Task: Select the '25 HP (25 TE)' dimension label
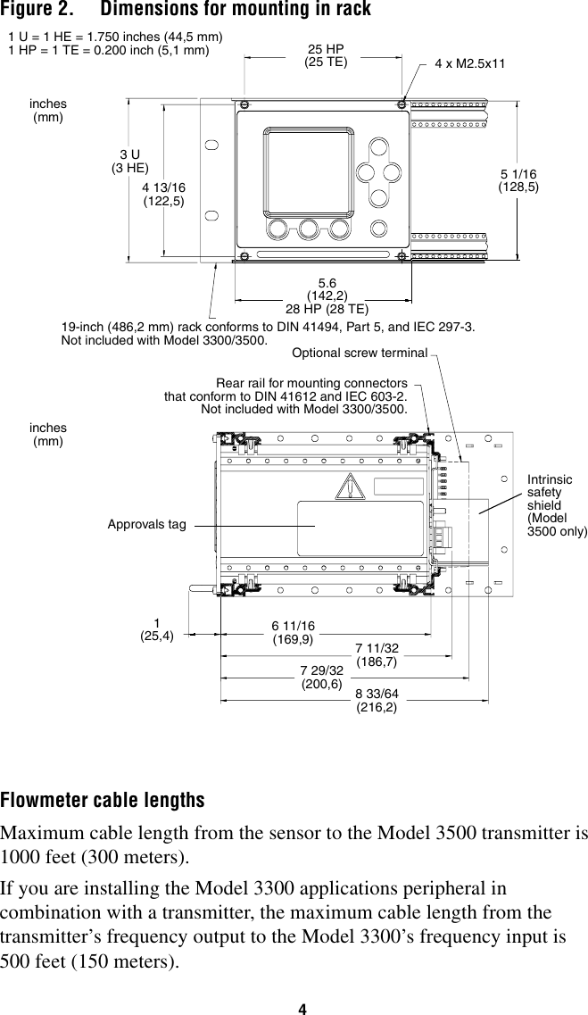coord(326,55)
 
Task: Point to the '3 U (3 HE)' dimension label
coord(129,161)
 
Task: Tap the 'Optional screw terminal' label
coord(360,353)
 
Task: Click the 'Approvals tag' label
coord(147,524)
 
